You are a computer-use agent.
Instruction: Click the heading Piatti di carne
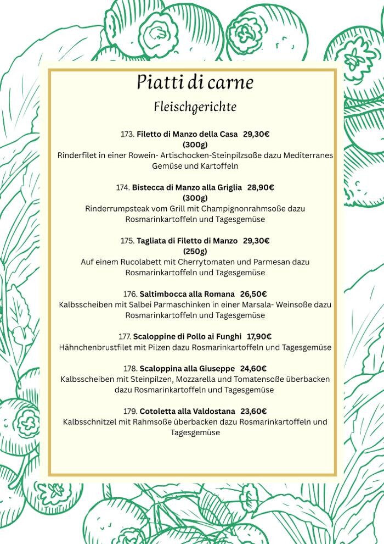point(195,82)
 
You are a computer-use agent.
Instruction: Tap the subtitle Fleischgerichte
point(195,106)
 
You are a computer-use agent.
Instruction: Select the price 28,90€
point(261,187)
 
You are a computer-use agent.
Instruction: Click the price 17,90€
point(259,337)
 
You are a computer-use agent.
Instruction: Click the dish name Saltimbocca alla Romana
point(187,294)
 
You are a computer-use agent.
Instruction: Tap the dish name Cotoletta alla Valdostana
point(188,411)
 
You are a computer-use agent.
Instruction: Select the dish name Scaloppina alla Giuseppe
point(187,369)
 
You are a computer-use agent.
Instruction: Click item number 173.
point(127,134)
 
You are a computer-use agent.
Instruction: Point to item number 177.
point(125,337)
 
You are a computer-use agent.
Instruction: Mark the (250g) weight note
point(195,251)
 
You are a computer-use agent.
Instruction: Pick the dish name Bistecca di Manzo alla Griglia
point(187,187)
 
